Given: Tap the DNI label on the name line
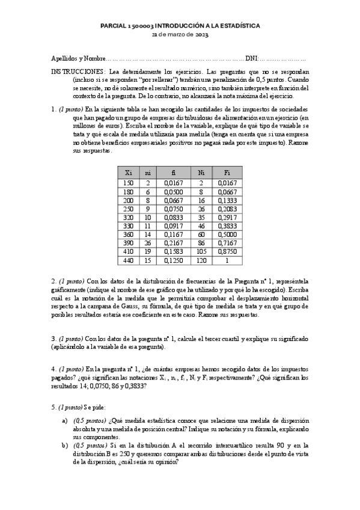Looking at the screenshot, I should pos(251,59).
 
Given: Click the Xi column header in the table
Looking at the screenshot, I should pos(128,172).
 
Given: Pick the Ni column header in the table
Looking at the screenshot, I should pos(201,172).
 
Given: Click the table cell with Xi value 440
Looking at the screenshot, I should pos(128,260).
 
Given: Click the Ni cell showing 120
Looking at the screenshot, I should pos(201,260).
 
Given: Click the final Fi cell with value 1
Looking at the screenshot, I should pos(227,260).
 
